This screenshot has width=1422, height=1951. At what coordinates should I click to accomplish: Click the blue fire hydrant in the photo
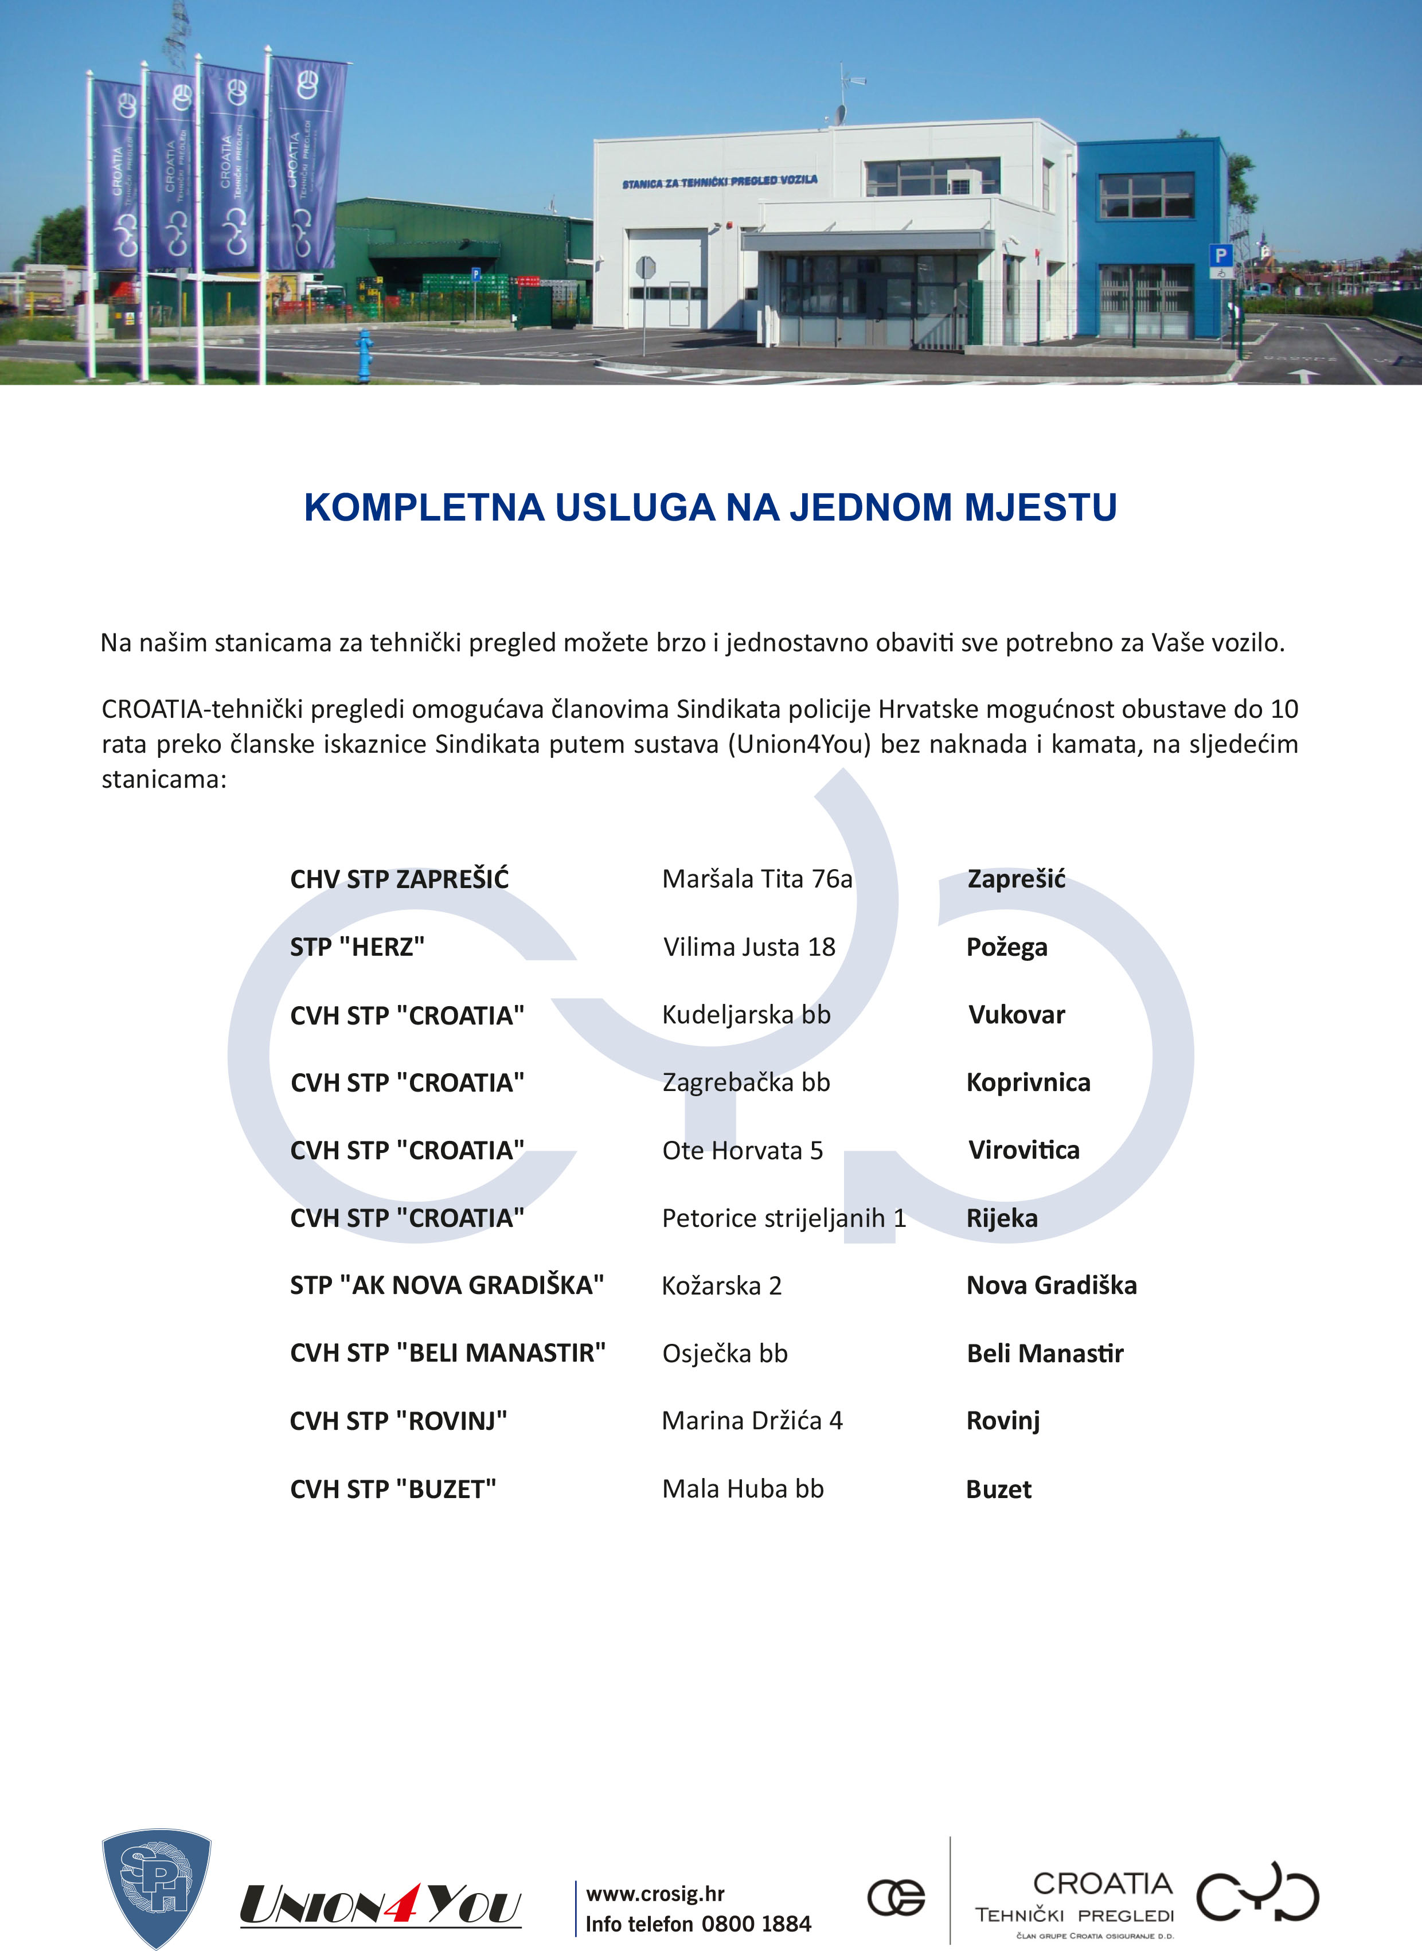364,354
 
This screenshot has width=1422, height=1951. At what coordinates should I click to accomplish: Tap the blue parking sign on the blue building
1220,256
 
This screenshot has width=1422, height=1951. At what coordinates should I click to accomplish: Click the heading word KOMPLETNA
424,508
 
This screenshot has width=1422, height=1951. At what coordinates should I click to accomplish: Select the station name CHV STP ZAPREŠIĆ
400,879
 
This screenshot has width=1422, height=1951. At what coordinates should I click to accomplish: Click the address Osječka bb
725,1353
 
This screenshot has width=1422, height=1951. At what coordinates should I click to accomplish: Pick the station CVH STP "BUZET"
393,1489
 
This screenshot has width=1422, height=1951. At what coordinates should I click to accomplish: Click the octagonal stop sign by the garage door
644,268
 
